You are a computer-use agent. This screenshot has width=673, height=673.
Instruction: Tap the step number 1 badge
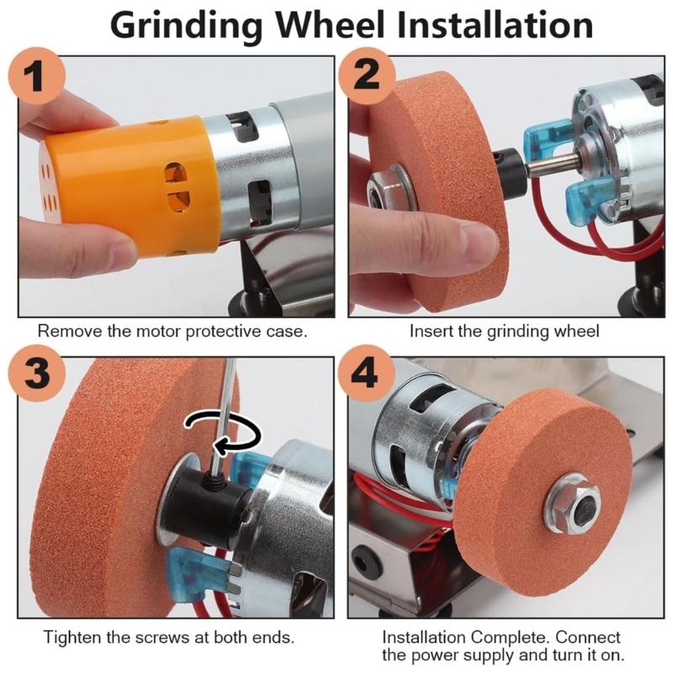(36, 77)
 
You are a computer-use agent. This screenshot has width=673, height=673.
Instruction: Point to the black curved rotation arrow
(222, 429)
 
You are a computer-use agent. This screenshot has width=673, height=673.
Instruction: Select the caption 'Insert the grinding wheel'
(504, 331)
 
